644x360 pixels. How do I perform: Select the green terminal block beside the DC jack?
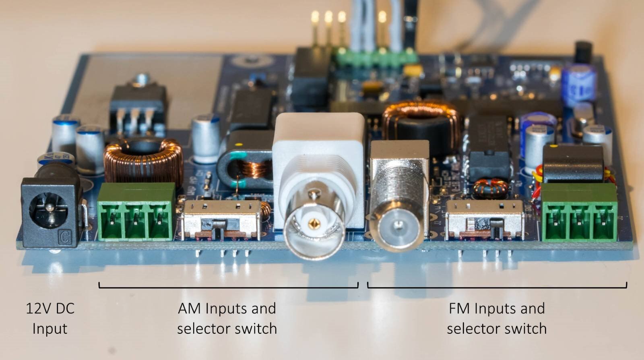click(136, 212)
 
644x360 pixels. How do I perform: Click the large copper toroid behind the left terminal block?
click(144, 161)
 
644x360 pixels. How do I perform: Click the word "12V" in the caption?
click(39, 309)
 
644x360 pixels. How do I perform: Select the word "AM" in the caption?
click(189, 309)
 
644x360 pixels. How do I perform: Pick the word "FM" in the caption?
click(459, 309)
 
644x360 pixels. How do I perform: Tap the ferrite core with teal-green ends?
click(246, 161)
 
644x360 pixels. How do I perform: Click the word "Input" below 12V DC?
click(50, 329)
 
